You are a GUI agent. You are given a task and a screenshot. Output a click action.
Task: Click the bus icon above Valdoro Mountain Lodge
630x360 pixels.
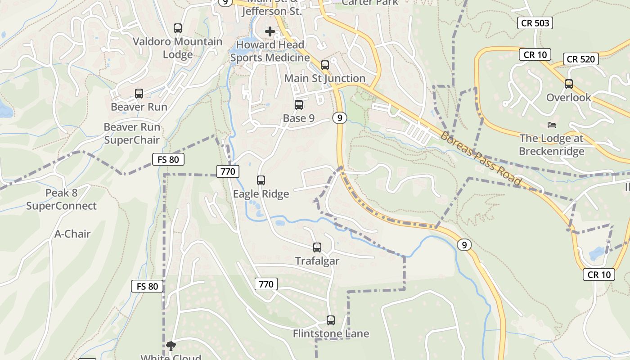[x=178, y=28]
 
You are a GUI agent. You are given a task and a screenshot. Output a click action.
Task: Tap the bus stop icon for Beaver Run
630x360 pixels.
[x=139, y=94]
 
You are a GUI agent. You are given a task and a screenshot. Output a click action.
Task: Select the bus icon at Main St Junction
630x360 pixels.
[x=325, y=65]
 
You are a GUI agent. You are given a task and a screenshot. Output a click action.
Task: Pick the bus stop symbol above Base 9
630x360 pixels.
[x=299, y=105]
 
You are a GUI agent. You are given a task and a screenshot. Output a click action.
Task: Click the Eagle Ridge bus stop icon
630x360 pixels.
[x=261, y=180]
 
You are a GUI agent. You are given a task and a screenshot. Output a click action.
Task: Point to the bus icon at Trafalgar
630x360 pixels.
[x=317, y=247]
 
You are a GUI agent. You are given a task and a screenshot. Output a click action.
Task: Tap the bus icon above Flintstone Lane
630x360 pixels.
[x=331, y=320]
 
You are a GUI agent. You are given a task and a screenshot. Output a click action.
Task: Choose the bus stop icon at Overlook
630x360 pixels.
[x=569, y=84]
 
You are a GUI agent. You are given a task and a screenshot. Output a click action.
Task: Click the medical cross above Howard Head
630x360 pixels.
[x=270, y=31]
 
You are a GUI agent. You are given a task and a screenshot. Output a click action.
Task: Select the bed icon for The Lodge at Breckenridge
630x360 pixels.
[x=552, y=125]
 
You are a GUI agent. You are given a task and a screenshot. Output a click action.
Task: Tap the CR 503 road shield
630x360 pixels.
[x=535, y=23]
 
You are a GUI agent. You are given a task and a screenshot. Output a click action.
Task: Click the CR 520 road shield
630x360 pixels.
[x=581, y=59]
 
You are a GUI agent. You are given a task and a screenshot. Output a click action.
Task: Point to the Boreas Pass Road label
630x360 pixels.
[x=481, y=159]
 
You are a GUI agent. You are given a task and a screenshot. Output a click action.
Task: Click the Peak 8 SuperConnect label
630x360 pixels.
[x=61, y=199]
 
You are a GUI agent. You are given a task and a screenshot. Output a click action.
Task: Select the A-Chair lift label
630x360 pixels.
[x=72, y=234]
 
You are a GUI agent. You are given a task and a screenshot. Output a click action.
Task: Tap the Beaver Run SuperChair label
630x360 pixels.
[x=132, y=133]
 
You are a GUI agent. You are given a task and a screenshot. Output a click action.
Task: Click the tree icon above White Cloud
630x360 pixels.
[x=171, y=346]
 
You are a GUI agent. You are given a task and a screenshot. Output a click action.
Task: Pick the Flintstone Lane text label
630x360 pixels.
[x=331, y=333]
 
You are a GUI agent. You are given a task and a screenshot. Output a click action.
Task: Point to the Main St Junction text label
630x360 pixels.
[x=325, y=78]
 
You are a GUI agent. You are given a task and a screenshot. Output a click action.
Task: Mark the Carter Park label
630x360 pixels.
[x=370, y=3]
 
